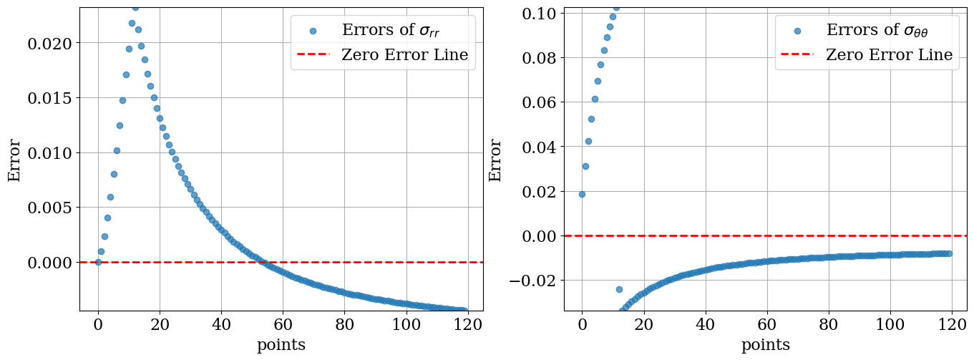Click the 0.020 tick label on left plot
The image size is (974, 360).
49,44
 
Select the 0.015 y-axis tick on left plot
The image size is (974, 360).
49,98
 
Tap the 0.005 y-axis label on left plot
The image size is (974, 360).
49,208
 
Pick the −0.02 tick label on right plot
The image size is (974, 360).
534,281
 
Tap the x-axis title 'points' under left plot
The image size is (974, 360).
281,345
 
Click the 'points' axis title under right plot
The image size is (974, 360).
766,345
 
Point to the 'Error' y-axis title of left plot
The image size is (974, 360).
14,160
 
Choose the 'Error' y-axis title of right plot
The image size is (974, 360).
495,160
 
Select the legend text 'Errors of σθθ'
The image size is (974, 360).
882,30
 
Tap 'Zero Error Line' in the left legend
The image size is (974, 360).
404,54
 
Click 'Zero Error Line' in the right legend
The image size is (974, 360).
889,54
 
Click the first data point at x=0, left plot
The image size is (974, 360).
99,262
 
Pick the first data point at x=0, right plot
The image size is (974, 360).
582,194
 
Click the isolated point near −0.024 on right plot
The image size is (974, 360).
619,289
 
